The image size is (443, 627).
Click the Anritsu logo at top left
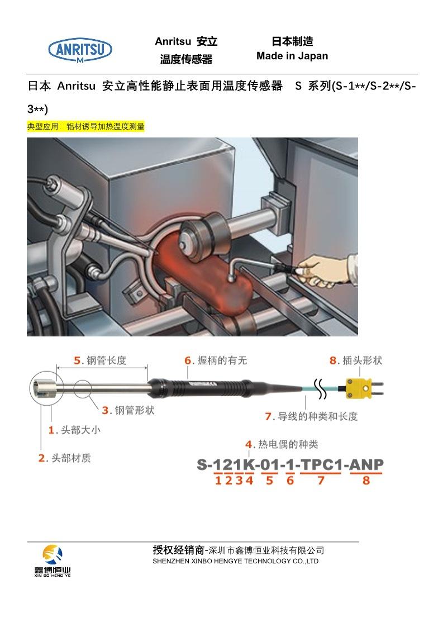(x=80, y=50)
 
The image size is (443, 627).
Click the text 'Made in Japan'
(x=292, y=56)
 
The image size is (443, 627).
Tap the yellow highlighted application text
(x=86, y=127)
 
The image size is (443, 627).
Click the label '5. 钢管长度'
(x=101, y=360)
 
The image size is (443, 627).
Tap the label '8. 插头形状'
(x=356, y=360)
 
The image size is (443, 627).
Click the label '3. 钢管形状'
(x=128, y=411)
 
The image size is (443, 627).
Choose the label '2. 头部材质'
(x=64, y=458)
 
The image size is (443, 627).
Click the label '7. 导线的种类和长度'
(x=311, y=416)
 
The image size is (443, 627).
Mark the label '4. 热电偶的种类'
(x=282, y=444)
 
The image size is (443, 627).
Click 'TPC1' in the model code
(x=321, y=464)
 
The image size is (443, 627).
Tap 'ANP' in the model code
(x=366, y=464)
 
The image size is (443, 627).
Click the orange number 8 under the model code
(x=366, y=480)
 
